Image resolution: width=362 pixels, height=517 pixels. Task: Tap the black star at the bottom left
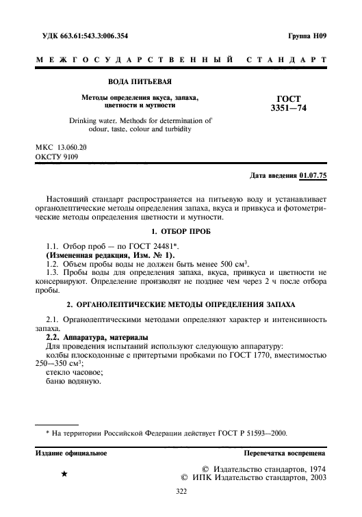point(64,473)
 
